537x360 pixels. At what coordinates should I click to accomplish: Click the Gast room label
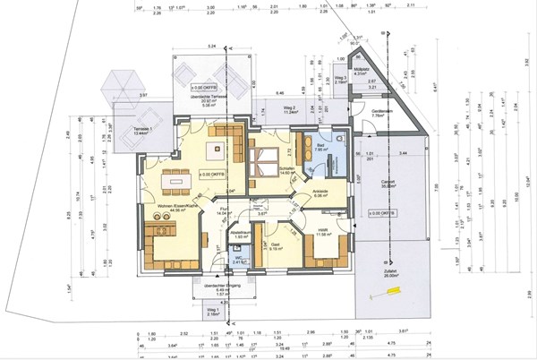276,246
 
